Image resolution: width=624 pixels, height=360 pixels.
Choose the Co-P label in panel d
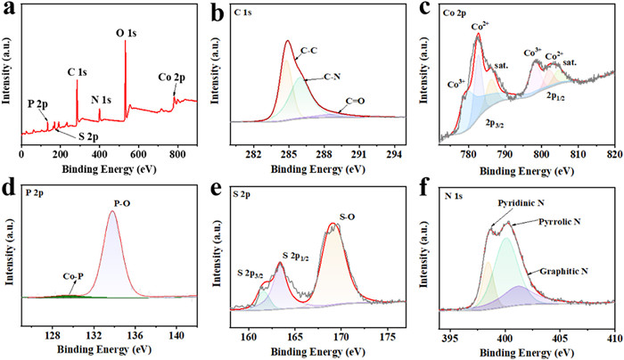coord(58,276)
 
